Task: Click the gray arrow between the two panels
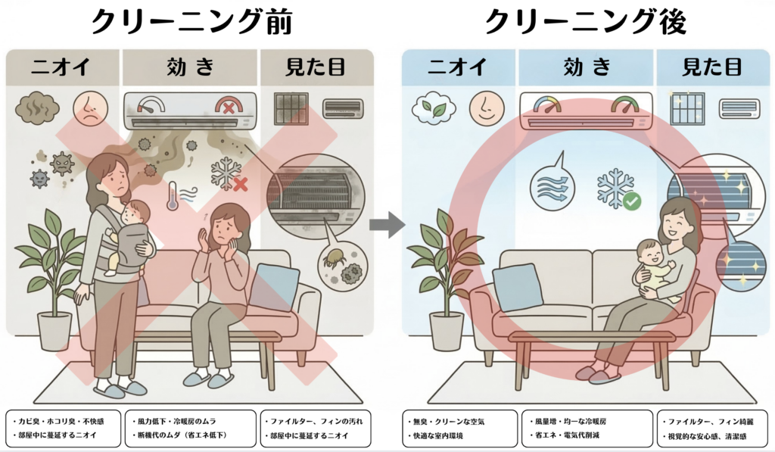386,224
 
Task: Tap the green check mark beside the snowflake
631,201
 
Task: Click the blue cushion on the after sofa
518,287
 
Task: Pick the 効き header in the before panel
191,67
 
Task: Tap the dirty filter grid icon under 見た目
291,108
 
